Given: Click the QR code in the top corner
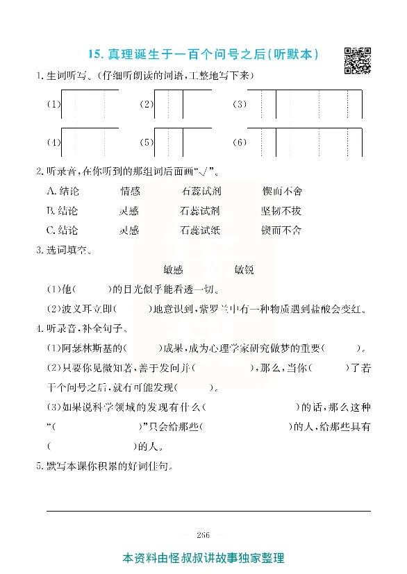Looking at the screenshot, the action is click(357, 59).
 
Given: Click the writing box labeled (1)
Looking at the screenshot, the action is click(90, 105).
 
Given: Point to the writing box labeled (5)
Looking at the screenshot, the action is click(183, 142).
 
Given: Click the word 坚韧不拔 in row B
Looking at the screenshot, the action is click(281, 210).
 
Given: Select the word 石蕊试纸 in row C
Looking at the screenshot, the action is click(200, 230).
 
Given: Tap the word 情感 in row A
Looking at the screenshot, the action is click(130, 191).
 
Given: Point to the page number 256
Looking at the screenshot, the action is click(203, 533).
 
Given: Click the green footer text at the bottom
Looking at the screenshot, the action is click(203, 558).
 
